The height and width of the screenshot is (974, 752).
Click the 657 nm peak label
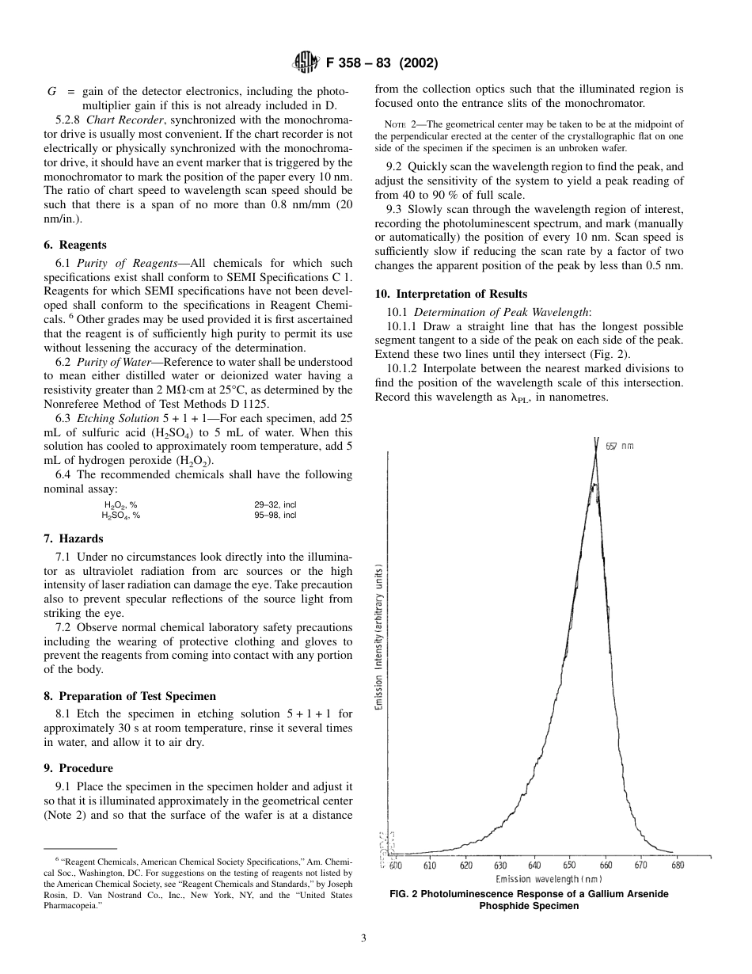point(620,446)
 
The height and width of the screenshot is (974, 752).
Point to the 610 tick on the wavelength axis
point(429,866)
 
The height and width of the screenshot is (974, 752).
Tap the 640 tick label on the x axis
point(534,866)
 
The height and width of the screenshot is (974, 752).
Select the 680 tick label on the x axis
point(678,866)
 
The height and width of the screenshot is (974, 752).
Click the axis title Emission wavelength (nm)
point(549,879)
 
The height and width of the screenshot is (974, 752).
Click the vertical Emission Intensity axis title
point(380,637)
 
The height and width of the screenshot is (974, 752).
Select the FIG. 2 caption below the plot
point(529,900)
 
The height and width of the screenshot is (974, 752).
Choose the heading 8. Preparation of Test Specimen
point(129,696)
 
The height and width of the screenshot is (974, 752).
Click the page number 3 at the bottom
point(363,939)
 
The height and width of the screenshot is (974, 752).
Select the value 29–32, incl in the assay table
point(275,504)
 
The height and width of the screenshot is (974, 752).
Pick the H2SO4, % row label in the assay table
point(120,515)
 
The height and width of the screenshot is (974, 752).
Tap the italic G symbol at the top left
point(51,91)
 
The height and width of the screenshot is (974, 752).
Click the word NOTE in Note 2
point(394,125)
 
